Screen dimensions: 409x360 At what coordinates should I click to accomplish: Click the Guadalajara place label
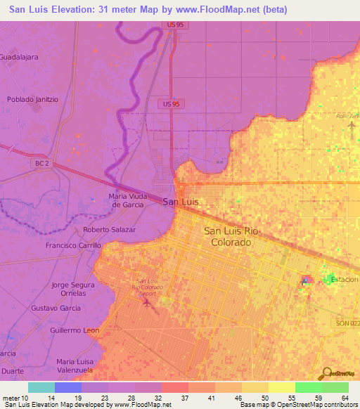click(19, 57)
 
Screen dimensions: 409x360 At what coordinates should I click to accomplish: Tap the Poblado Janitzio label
click(32, 99)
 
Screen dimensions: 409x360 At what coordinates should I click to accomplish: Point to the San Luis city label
click(181, 202)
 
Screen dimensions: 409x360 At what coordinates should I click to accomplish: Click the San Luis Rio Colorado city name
click(227, 236)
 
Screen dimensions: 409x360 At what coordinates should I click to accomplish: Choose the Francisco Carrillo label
click(73, 246)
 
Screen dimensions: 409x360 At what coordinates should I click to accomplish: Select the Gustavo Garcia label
click(56, 309)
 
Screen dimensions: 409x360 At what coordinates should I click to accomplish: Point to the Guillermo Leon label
click(75, 330)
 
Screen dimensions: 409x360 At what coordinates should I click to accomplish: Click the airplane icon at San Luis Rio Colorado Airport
click(147, 303)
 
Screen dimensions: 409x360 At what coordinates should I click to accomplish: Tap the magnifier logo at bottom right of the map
click(326, 373)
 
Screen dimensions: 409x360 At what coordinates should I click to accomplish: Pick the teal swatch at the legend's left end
click(41, 387)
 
